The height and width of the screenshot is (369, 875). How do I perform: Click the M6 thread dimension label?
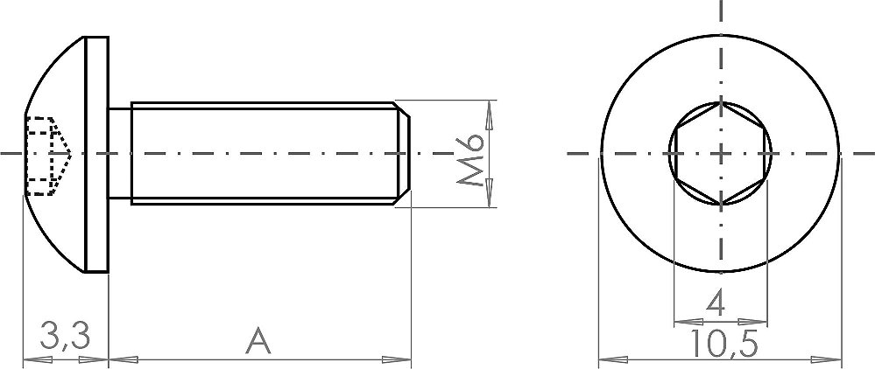pyautogui.click(x=469, y=159)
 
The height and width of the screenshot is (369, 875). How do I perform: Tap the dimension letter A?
pyautogui.click(x=258, y=341)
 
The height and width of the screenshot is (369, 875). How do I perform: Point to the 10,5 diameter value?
pyautogui.click(x=724, y=344)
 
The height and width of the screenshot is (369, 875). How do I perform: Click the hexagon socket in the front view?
pyautogui.click(x=721, y=153)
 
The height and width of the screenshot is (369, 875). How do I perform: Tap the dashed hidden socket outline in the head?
pyautogui.click(x=48, y=156)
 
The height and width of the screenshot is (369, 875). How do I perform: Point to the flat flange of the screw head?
pyautogui.click(x=96, y=155)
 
